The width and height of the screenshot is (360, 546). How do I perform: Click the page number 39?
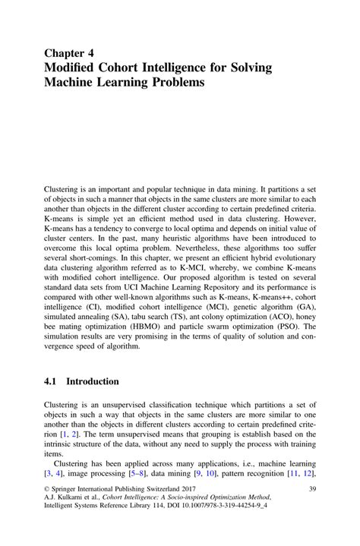(x=311, y=491)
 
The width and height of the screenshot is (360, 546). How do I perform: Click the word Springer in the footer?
(x=70, y=491)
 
